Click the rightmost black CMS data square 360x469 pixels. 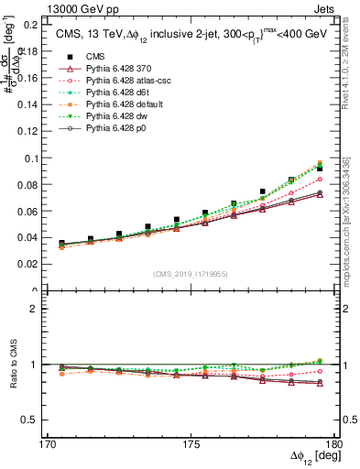pyautogui.click(x=320, y=169)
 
